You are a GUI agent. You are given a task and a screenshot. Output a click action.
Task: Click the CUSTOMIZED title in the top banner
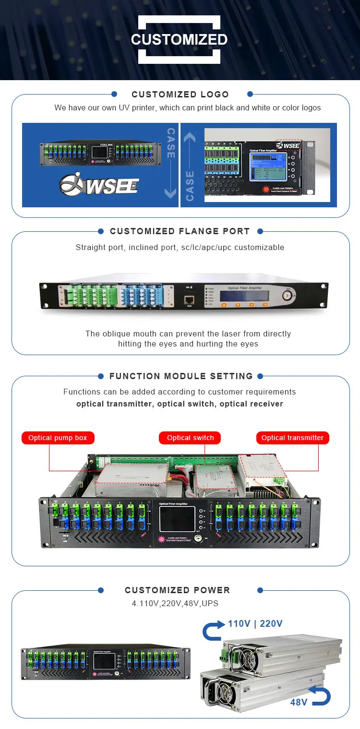click(x=180, y=39)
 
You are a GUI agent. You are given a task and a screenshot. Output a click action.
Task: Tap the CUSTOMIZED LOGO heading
click(x=180, y=95)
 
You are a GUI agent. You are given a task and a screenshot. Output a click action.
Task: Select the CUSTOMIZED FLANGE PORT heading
click(x=180, y=231)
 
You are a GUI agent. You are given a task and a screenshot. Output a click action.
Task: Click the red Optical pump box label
click(x=58, y=438)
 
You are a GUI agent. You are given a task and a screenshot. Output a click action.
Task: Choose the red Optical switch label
click(x=190, y=438)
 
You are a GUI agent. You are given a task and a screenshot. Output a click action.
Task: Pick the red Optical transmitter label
click(x=292, y=438)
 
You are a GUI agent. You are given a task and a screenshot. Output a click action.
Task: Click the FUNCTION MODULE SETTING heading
click(x=180, y=376)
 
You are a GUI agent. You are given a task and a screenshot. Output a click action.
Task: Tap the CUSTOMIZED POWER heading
click(x=177, y=590)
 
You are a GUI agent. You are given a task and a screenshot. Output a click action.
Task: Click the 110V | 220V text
click(x=255, y=624)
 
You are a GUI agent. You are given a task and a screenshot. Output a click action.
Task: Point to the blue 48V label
click(x=299, y=703)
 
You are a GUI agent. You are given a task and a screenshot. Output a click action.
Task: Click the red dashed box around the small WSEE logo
click(x=288, y=144)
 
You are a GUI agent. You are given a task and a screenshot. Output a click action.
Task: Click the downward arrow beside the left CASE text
click(x=171, y=192)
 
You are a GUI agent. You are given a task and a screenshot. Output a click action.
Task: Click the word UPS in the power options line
click(x=210, y=603)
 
